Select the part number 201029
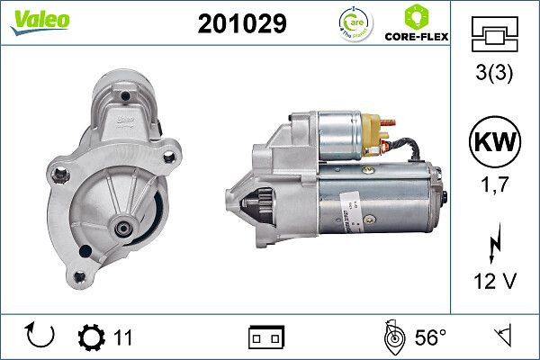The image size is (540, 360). click(x=241, y=24)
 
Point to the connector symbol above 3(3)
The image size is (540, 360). click(x=495, y=33)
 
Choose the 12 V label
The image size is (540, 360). click(x=495, y=282)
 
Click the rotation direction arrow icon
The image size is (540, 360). click(x=41, y=337)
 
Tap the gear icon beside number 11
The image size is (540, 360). click(x=92, y=337)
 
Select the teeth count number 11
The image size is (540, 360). click(x=123, y=337)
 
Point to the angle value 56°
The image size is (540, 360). click(x=429, y=337)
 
